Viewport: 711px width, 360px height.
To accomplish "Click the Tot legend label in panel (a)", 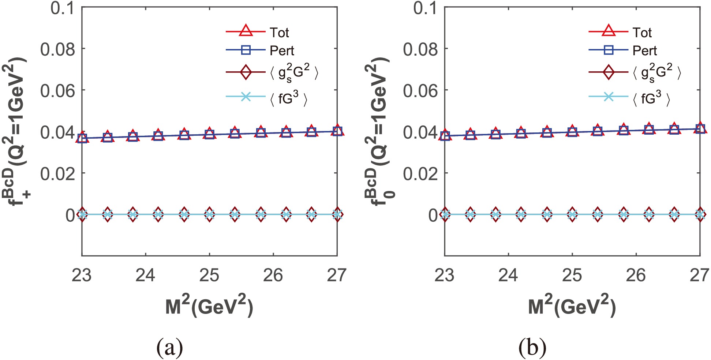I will click(279, 33).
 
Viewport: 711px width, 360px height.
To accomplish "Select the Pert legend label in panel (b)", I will click(644, 50).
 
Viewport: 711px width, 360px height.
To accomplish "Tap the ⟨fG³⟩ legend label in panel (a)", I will click(289, 98).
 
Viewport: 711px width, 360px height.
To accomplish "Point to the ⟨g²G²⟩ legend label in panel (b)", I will click(657, 73).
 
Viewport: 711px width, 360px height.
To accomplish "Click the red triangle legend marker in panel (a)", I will click(246, 31).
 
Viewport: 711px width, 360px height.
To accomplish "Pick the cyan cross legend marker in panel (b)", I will click(608, 97).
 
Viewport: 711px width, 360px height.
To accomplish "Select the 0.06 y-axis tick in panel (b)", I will click(420, 90).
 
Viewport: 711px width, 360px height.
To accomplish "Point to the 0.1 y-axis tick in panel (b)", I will click(425, 8).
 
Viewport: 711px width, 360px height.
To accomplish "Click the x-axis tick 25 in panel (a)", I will click(209, 275).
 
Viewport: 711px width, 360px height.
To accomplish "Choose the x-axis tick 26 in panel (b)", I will click(636, 275).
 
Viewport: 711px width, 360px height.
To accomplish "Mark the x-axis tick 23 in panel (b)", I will click(445, 275).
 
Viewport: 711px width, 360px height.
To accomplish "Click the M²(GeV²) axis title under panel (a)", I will click(209, 306).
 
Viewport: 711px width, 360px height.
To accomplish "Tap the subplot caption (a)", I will click(169, 348).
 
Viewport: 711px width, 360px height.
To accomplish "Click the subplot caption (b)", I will click(532, 348).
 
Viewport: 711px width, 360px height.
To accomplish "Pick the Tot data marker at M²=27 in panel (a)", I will click(337, 130).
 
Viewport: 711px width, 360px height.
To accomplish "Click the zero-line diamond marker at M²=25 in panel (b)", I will click(572, 214).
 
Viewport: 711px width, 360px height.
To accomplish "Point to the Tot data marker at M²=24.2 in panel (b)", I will click(521, 133).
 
